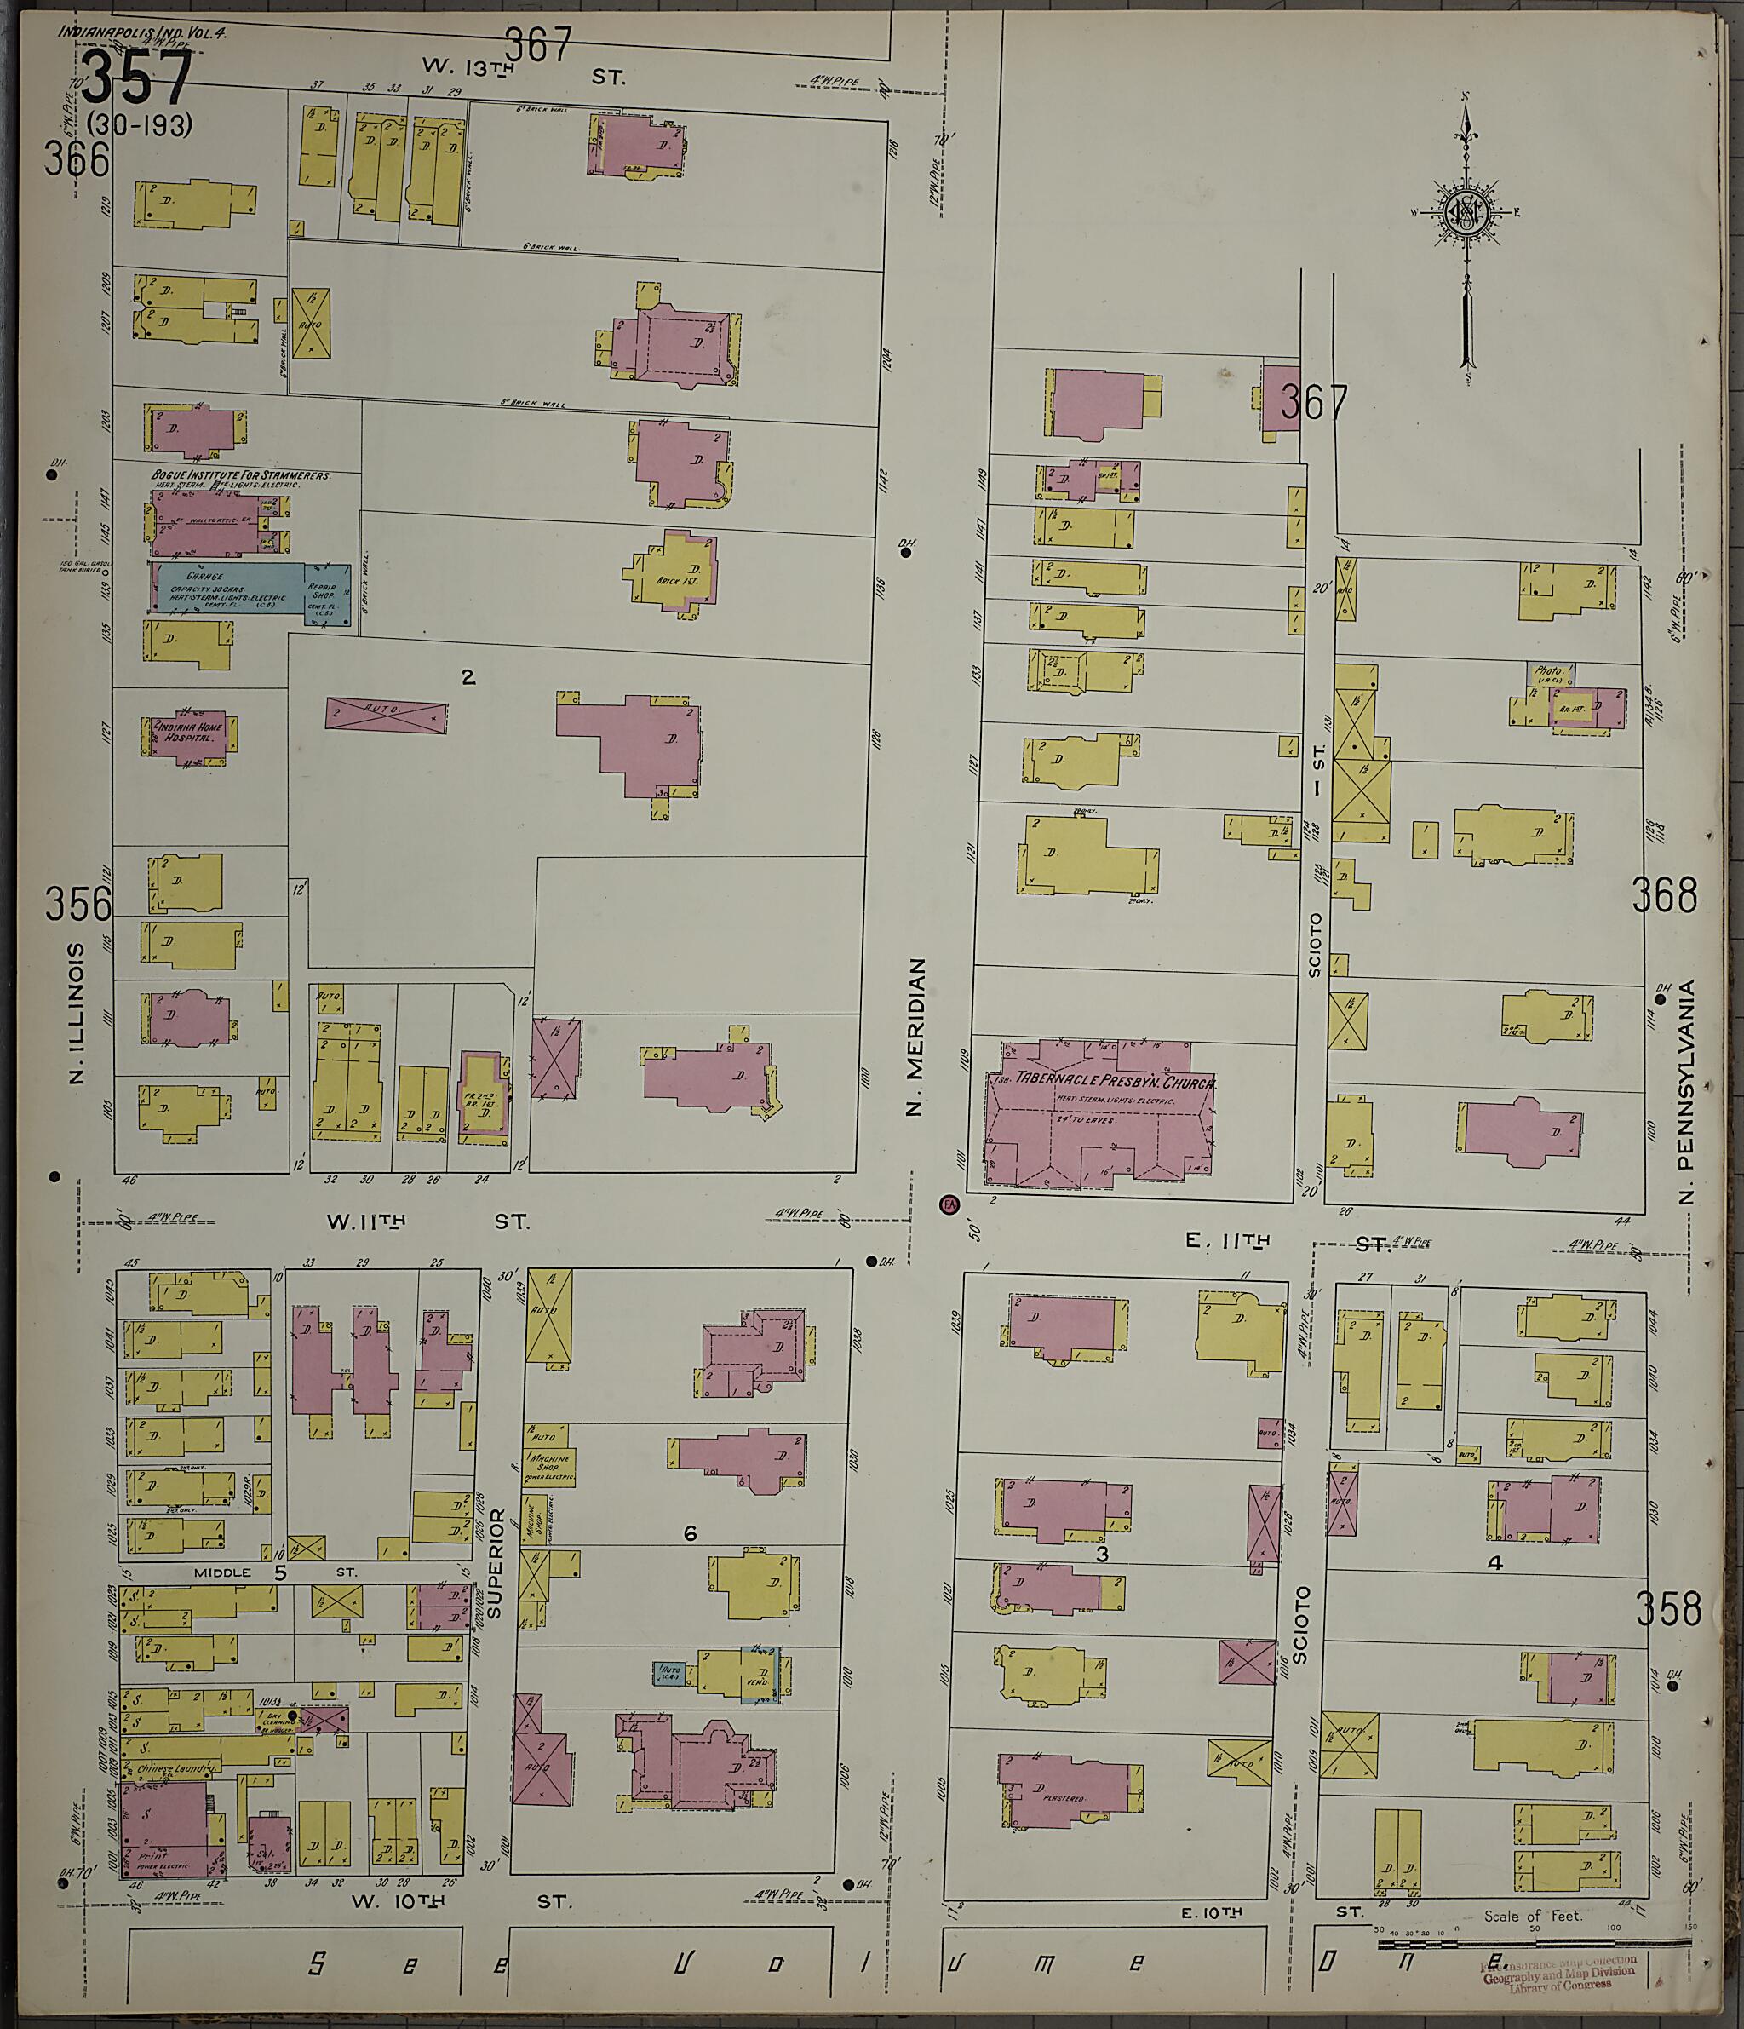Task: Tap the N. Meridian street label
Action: tap(915, 1038)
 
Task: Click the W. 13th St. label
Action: tap(523, 71)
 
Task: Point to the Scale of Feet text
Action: tap(1533, 1916)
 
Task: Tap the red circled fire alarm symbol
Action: tap(948, 1204)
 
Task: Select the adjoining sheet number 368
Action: tap(1664, 895)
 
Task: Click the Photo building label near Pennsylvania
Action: tap(1549, 672)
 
